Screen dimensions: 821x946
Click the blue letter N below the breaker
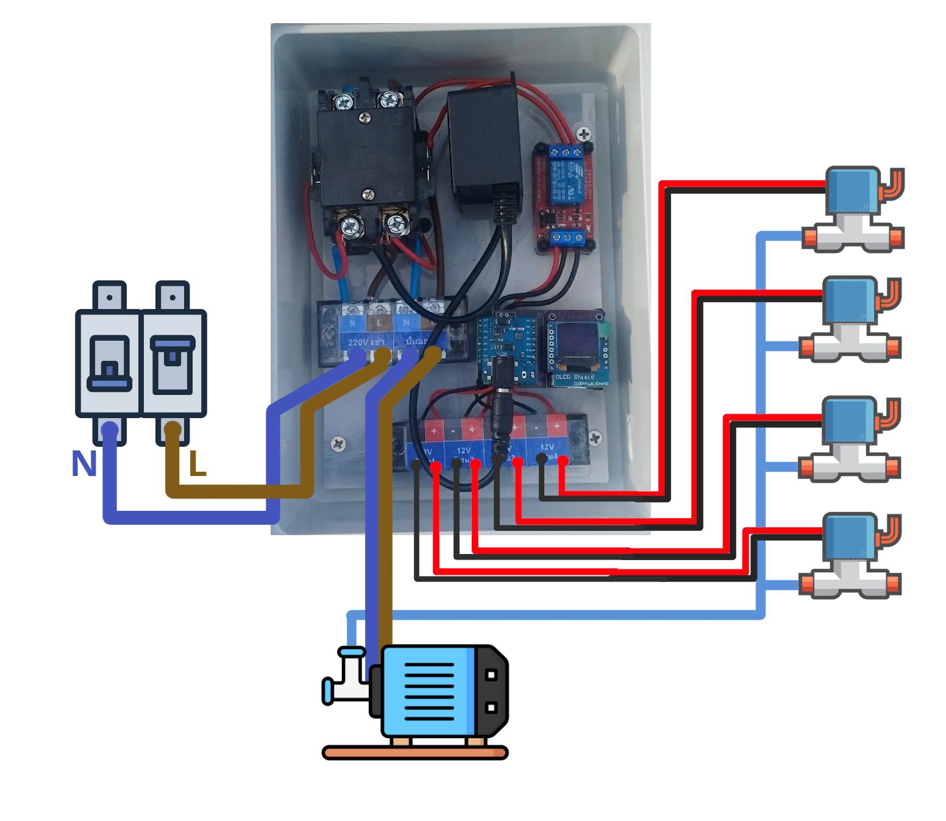point(84,464)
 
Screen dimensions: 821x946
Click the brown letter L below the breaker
point(197,464)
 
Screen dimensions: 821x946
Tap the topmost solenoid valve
point(853,210)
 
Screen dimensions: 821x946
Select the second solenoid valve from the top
point(850,320)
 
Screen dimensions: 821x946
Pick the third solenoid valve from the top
point(850,439)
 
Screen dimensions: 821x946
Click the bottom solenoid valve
point(850,556)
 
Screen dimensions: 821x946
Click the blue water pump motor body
point(430,692)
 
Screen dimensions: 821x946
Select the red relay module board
point(564,197)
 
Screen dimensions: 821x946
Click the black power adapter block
point(485,146)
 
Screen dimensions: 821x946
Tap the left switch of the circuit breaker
point(110,364)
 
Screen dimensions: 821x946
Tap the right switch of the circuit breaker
point(173,364)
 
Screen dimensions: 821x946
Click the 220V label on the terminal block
point(358,342)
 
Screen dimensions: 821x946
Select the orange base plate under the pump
point(415,753)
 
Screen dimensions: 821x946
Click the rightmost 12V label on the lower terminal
point(547,447)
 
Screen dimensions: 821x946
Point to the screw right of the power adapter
point(583,134)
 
